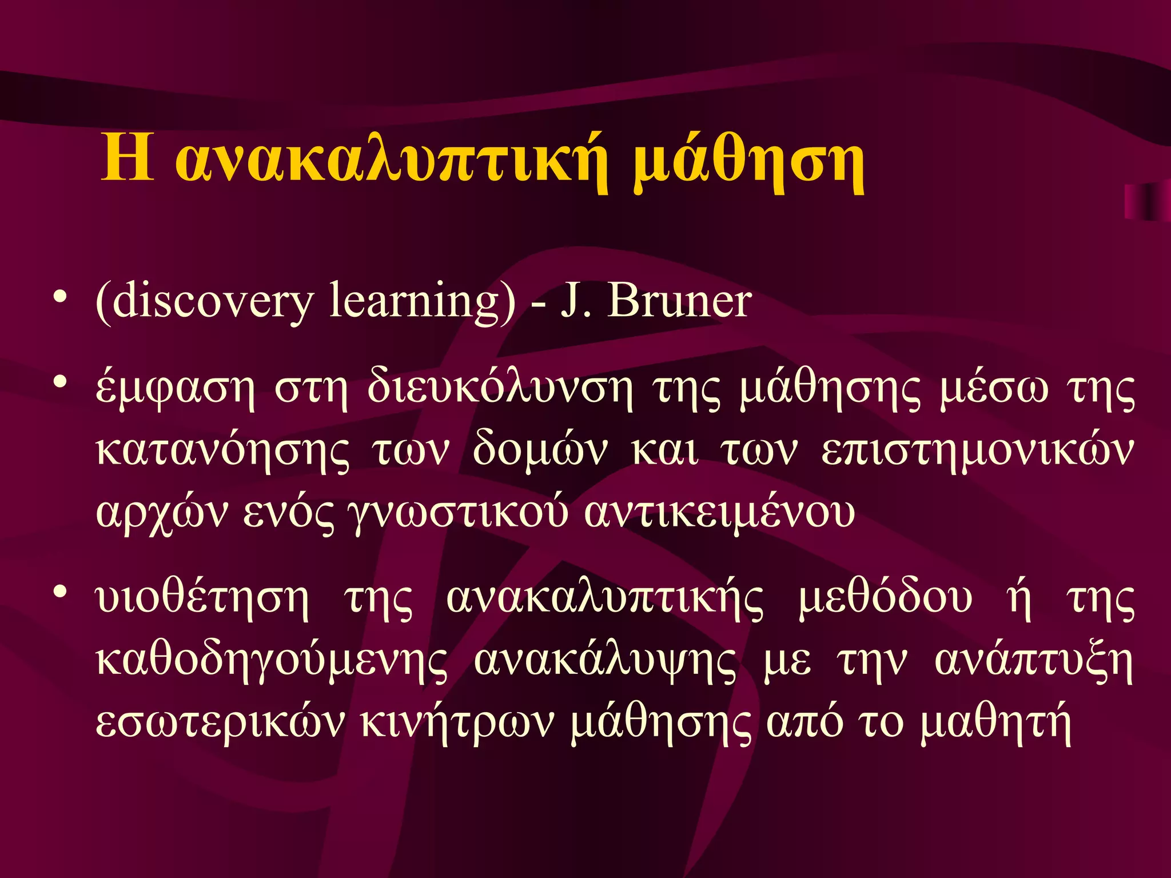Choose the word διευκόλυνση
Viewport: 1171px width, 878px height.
click(500, 389)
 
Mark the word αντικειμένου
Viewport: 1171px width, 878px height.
click(720, 512)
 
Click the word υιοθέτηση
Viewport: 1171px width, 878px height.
click(202, 600)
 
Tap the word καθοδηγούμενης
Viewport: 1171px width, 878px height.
click(272, 663)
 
